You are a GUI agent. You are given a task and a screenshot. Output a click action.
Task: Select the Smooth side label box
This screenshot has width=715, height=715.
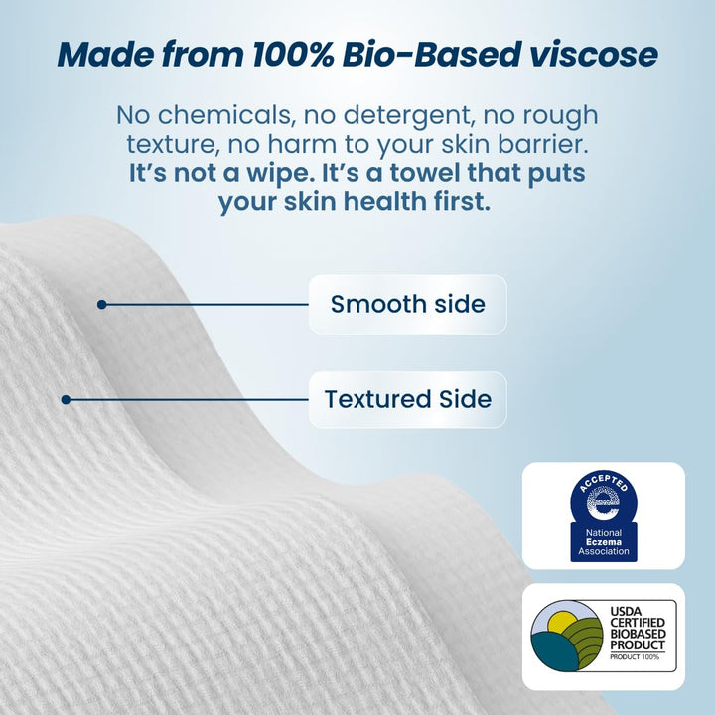pyautogui.click(x=407, y=304)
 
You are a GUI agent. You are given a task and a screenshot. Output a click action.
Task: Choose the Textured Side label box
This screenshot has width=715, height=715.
pyautogui.click(x=407, y=399)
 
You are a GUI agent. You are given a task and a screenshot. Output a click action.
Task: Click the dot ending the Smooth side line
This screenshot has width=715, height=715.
pyautogui.click(x=101, y=304)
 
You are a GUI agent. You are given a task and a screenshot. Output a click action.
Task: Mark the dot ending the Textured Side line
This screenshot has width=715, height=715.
pyautogui.click(x=66, y=399)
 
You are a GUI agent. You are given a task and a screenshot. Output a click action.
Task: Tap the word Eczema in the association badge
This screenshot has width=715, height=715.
pyautogui.click(x=604, y=542)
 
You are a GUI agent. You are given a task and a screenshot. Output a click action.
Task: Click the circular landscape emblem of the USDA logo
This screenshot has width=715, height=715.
pyautogui.click(x=567, y=635)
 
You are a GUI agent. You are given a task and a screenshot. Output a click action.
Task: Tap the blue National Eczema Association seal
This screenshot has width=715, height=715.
pyautogui.click(x=604, y=514)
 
